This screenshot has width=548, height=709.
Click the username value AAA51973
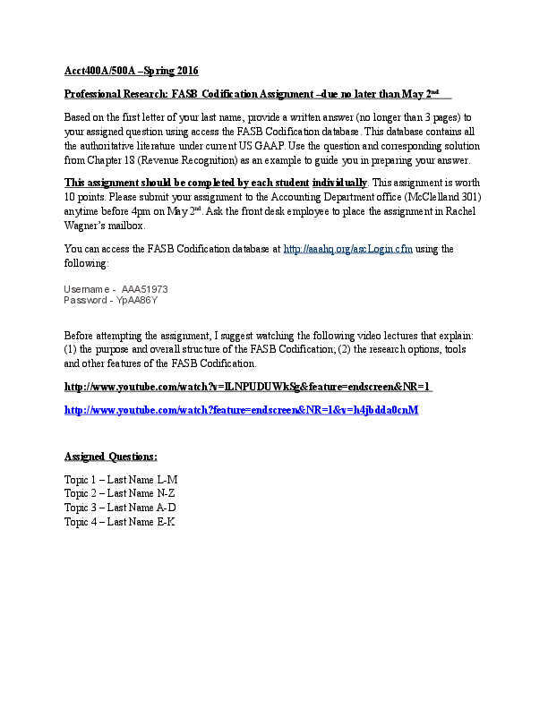(144, 290)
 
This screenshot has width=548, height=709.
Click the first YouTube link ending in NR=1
(250, 388)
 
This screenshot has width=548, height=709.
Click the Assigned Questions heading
(111, 457)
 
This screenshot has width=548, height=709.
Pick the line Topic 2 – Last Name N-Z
(121, 492)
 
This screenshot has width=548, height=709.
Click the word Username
(86, 290)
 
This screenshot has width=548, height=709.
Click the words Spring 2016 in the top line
(171, 71)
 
